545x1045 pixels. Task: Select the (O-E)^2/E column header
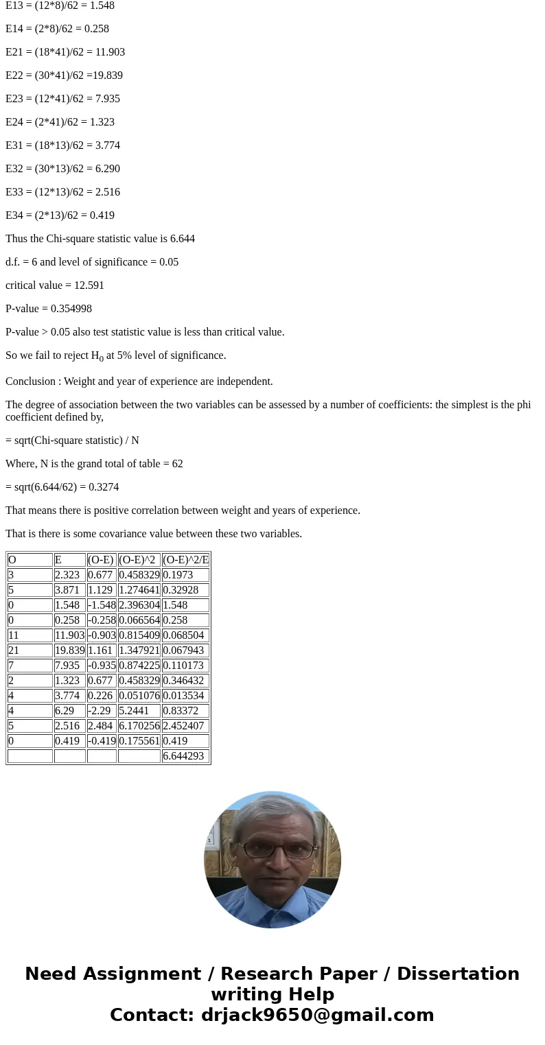(x=185, y=560)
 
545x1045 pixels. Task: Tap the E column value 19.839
(x=69, y=650)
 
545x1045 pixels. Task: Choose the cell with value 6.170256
(x=139, y=726)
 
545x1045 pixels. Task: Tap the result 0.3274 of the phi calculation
(x=103, y=487)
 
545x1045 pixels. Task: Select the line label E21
(x=16, y=52)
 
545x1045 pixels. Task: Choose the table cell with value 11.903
(x=69, y=635)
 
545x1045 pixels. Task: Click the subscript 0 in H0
(x=102, y=359)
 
